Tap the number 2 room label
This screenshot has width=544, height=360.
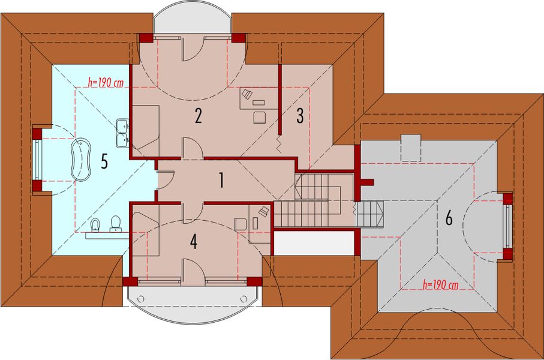[197, 116]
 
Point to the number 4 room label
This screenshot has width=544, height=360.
[193, 241]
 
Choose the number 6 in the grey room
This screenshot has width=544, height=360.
[449, 219]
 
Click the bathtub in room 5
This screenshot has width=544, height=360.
[80, 159]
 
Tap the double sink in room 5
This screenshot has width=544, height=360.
[124, 133]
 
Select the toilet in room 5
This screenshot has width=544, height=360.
[116, 224]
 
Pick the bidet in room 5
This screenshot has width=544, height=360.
[95, 225]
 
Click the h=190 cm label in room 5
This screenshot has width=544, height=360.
[105, 83]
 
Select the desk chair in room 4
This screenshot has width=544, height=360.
[240, 223]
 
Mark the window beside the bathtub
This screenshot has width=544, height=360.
[37, 160]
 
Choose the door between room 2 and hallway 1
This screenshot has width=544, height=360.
[192, 148]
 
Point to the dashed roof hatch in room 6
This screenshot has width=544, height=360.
[411, 148]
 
